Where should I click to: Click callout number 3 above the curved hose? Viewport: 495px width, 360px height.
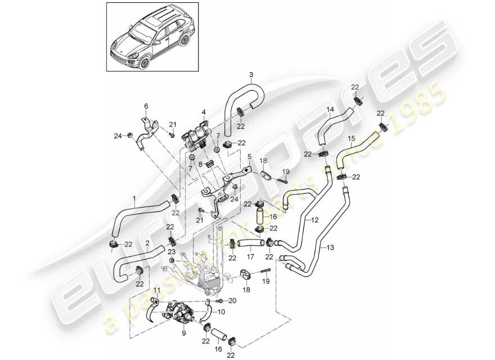coord(251,74)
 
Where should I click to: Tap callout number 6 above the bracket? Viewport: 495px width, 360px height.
coord(146,105)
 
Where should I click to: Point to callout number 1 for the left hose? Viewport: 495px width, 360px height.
coord(134,198)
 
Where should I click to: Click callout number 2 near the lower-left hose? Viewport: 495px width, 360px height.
coord(147,243)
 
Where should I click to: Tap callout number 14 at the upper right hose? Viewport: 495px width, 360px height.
coord(330,109)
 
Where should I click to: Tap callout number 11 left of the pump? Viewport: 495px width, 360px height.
coord(157,290)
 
